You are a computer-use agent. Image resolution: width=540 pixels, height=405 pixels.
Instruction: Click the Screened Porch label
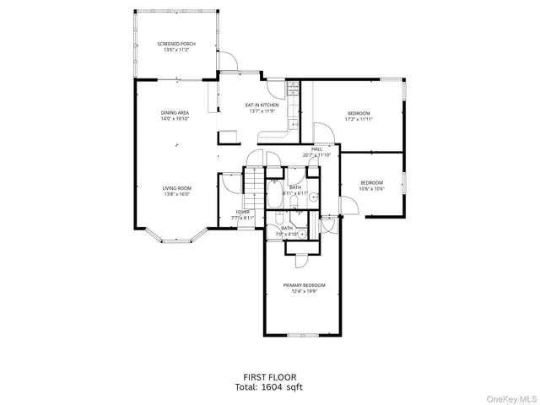pos(177,44)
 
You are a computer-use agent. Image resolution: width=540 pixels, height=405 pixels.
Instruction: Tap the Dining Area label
pos(175,112)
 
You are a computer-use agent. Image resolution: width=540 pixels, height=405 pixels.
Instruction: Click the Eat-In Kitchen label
pos(256,105)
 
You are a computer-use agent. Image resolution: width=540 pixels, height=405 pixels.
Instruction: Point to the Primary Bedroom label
pos(304,286)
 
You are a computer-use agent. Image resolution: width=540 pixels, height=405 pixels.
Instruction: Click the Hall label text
pos(317,149)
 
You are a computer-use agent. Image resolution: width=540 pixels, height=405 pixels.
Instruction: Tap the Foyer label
pos(243,212)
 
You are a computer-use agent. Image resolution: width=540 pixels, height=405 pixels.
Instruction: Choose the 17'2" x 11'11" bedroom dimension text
pos(359,120)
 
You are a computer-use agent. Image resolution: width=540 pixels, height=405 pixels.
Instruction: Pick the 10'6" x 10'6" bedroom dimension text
pos(372,189)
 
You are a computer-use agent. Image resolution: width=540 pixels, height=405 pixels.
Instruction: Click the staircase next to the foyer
pos(252,181)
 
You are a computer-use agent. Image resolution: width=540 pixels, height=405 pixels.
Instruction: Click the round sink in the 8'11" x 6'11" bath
pos(312,198)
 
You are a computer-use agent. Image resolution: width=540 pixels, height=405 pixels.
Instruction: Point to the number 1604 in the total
pos(270,387)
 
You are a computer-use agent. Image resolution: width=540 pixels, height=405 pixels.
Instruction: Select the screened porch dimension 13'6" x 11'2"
pos(177,51)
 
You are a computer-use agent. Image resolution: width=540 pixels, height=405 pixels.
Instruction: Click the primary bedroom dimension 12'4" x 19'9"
pos(304,292)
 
